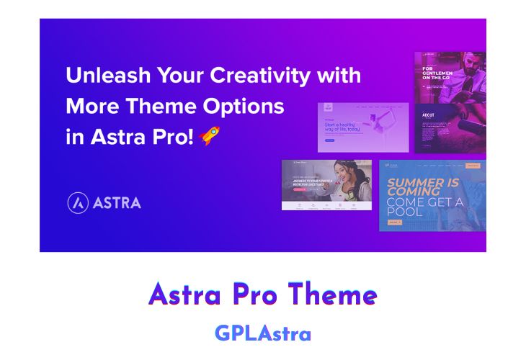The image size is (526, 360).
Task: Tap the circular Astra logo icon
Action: tap(78, 203)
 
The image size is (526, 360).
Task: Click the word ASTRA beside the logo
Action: tap(117, 203)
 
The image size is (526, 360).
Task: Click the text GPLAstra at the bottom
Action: tap(263, 333)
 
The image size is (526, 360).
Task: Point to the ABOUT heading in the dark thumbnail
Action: tap(429, 115)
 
